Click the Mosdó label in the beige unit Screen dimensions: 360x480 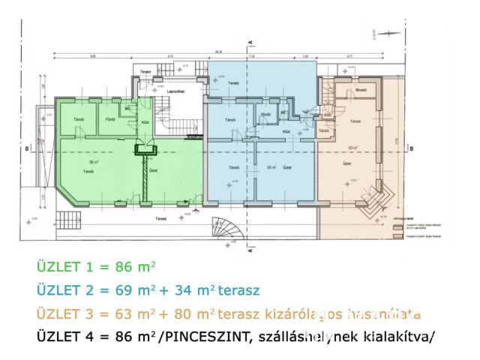click(x=360, y=90)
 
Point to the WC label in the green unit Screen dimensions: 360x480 click(x=127, y=107)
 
